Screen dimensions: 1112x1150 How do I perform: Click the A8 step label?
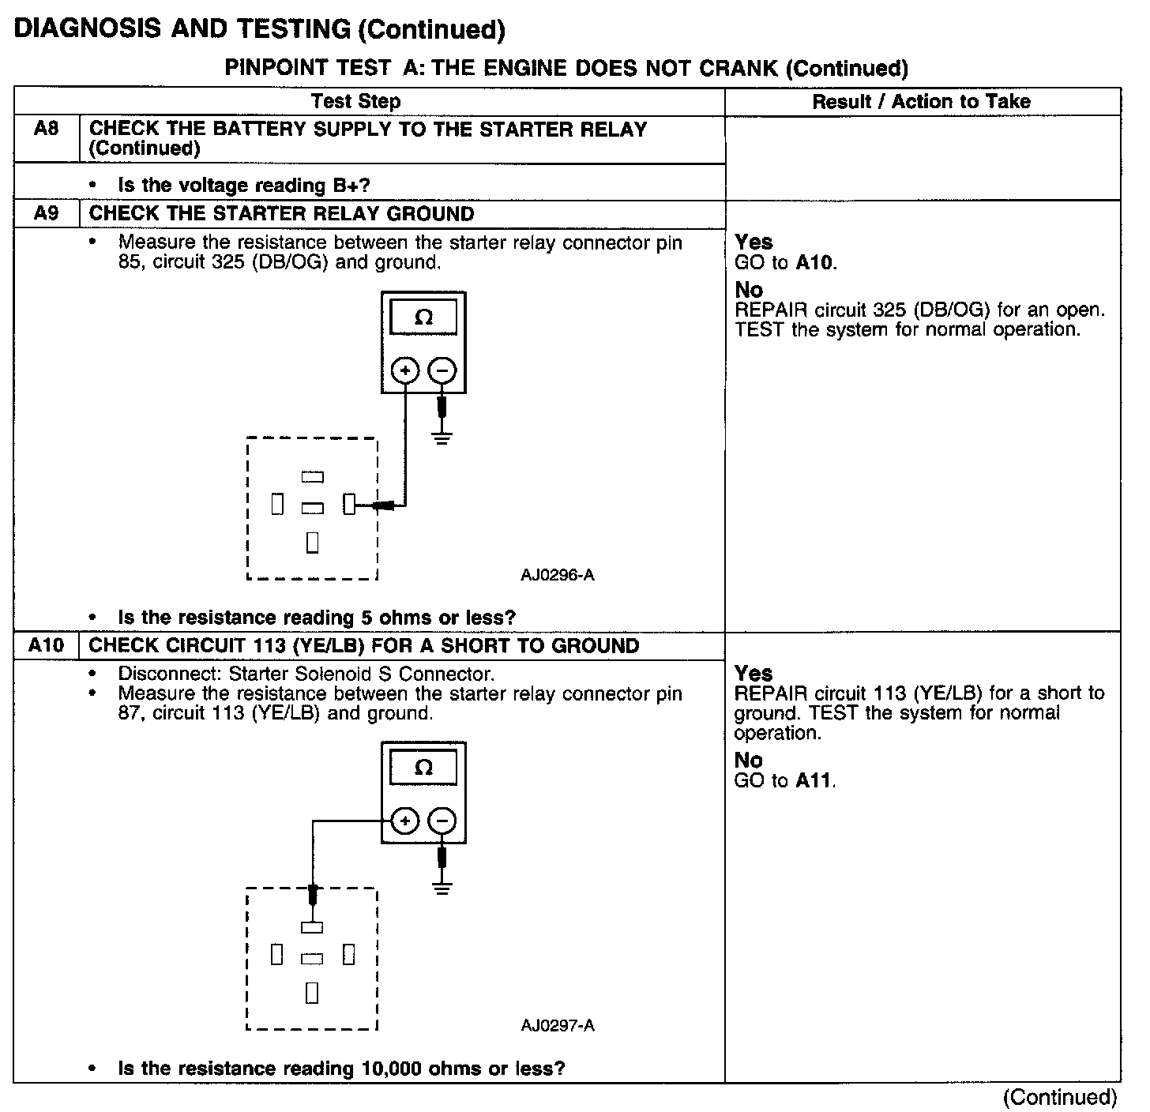46,129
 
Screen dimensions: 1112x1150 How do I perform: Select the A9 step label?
46,213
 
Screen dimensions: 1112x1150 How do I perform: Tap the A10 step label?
46,645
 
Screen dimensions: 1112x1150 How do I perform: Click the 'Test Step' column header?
355,101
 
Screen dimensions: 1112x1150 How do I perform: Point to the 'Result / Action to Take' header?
921,101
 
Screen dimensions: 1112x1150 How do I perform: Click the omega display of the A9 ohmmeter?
423,317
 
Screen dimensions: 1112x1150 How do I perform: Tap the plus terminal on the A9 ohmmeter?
405,370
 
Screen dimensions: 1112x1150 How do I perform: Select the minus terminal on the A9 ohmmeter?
442,370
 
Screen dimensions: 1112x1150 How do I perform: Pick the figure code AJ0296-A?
557,575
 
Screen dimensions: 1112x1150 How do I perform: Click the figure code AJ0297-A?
557,1026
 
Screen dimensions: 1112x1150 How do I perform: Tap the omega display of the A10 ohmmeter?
423,768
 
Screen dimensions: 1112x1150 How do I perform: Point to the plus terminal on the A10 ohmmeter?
405,822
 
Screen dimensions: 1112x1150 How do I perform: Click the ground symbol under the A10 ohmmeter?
442,888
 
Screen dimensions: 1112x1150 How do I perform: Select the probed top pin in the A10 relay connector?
312,928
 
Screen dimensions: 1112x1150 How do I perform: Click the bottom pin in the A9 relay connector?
312,543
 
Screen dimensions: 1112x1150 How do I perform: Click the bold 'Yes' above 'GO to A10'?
754,242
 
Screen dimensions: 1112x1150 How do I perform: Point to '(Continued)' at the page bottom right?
1059,1097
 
